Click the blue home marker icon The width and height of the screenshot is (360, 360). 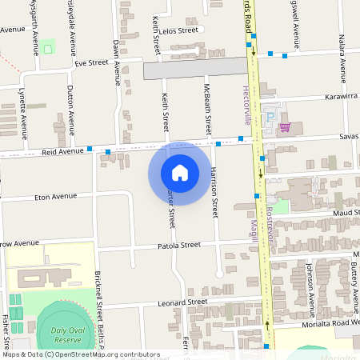[x=180, y=172]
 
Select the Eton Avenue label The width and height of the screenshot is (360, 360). [x=55, y=196]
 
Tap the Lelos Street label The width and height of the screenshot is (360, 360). [x=178, y=30]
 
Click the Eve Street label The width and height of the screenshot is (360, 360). [x=90, y=62]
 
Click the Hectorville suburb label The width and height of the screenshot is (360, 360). [x=246, y=105]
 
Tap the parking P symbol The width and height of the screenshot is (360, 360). [x=270, y=116]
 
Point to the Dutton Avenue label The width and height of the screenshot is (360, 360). [x=70, y=108]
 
